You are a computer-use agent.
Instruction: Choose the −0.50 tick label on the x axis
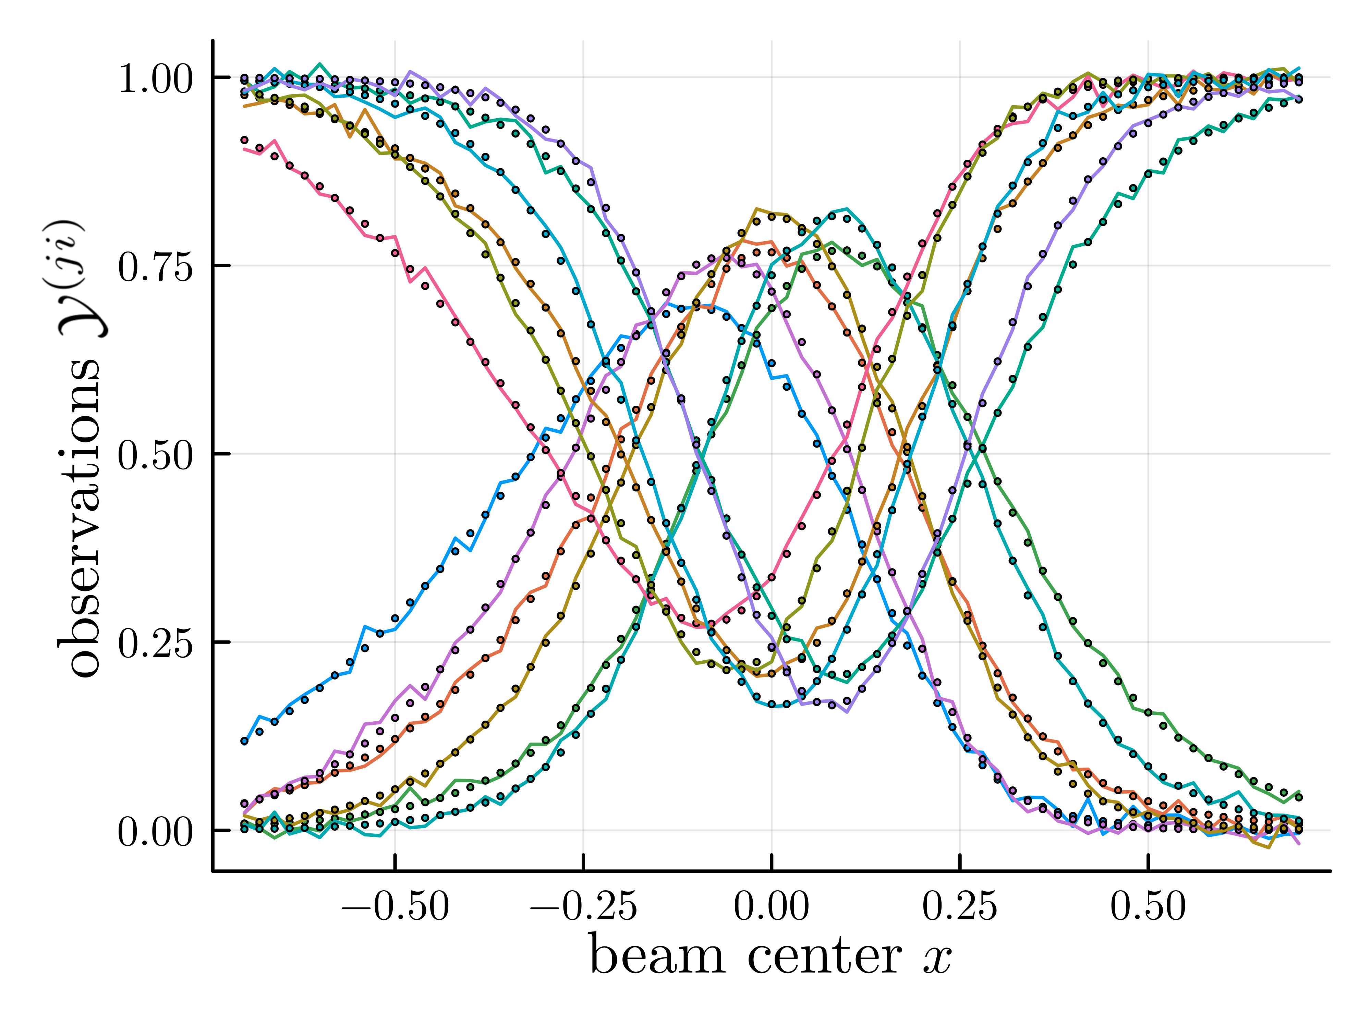[395, 907]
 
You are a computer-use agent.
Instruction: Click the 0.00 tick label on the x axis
[772, 907]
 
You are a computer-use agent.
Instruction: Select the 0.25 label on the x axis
[960, 907]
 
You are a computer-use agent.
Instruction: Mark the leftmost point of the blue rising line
[244, 741]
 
